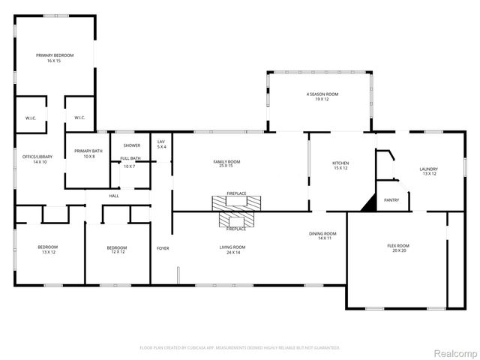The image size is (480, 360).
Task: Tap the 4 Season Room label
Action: coord(322,96)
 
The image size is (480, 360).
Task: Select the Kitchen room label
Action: coord(340,165)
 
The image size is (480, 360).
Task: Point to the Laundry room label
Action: coord(428,171)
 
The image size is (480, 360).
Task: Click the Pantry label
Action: coord(391,200)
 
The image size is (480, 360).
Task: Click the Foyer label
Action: coord(162,248)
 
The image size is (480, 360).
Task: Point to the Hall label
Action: coord(114,196)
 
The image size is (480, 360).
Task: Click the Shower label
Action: coord(131,145)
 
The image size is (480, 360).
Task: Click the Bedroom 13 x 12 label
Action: coord(48,250)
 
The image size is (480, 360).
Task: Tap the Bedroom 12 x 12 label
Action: coord(116,250)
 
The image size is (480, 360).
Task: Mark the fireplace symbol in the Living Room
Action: coord(236,218)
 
